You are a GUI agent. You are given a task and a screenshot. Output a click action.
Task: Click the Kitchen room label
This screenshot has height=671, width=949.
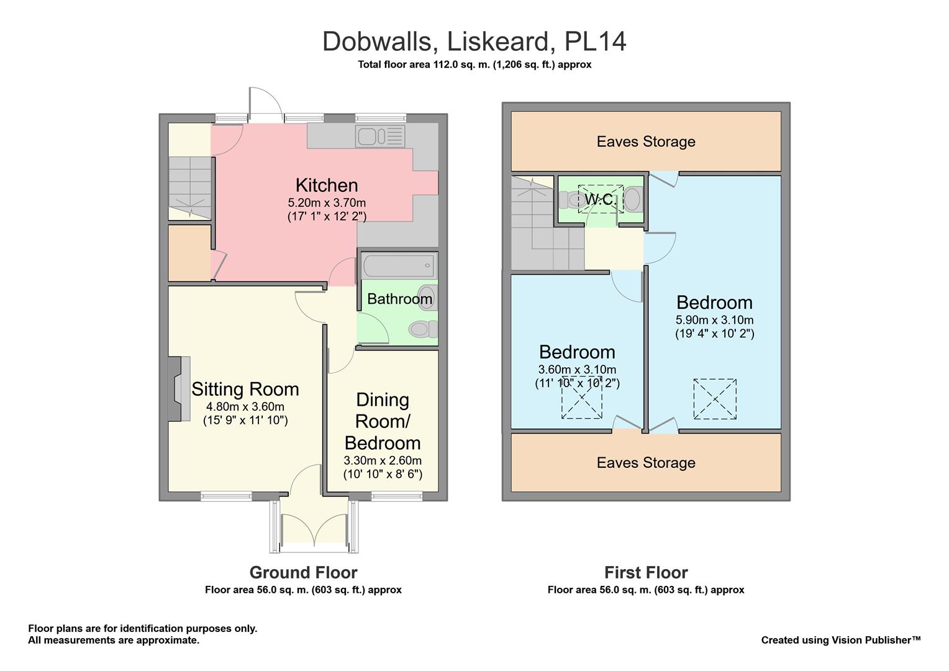coord(327,185)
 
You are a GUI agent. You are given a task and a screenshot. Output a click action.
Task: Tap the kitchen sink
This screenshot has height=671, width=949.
coord(379,136)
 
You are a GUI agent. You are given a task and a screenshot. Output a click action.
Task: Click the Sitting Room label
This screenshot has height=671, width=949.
coord(245,390)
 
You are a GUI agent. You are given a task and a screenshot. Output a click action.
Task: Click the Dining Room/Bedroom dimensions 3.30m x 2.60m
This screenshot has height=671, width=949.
coord(383,461)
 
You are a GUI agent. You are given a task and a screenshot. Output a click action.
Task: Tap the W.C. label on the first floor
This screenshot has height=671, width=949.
coord(600,199)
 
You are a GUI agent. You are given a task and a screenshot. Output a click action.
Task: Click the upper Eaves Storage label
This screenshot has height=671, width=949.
coord(646,142)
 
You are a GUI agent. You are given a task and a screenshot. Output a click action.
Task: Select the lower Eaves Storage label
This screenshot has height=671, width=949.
coord(646,463)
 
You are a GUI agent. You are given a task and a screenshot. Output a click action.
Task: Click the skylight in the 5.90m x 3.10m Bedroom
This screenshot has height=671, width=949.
coord(715,399)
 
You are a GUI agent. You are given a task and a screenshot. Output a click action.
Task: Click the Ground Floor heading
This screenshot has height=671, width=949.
coord(303,573)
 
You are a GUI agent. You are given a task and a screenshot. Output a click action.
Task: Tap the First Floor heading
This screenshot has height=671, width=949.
coord(646,573)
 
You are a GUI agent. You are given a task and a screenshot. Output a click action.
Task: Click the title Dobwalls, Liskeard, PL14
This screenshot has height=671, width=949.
coord(474,42)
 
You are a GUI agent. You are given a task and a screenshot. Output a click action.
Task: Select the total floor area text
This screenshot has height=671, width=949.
coord(474,65)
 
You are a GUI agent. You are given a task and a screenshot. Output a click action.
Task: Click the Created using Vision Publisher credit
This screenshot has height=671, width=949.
coord(841,640)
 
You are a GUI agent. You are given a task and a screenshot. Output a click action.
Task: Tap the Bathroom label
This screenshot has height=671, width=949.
coord(399,299)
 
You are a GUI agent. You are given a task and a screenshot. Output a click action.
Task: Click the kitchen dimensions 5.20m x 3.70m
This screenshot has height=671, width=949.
coord(327,203)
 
